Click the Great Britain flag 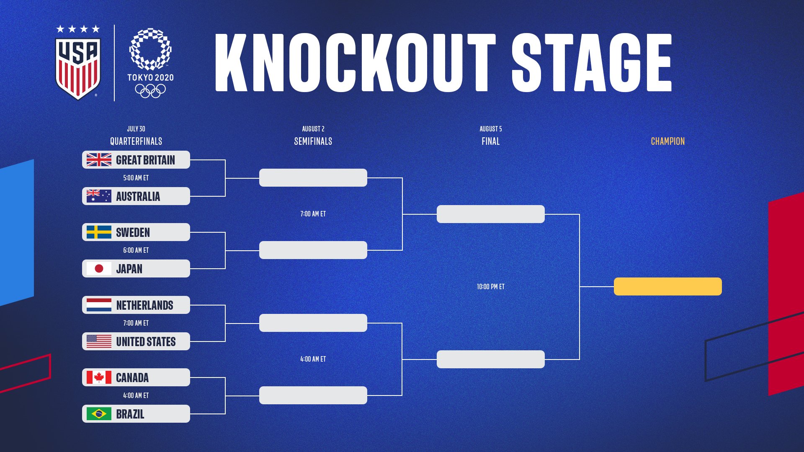99,160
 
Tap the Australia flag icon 99,196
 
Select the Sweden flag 99,232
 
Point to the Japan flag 99,268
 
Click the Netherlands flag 99,305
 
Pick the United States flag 99,341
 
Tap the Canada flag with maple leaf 99,378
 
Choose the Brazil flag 99,414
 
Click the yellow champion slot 668,286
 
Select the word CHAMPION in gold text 668,141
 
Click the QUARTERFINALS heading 136,141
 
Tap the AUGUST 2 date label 313,129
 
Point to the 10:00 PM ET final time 491,287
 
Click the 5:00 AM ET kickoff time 136,178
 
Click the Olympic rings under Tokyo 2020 150,91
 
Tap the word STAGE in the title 592,63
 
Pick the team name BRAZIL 130,414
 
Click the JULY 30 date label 136,129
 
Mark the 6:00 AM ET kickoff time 136,250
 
